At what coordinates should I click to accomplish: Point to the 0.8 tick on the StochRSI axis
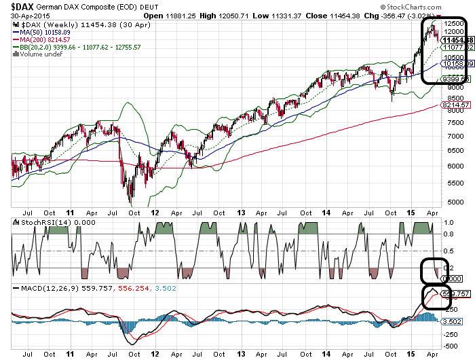click(448, 234)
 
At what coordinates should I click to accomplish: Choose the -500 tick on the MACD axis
click(451, 345)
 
